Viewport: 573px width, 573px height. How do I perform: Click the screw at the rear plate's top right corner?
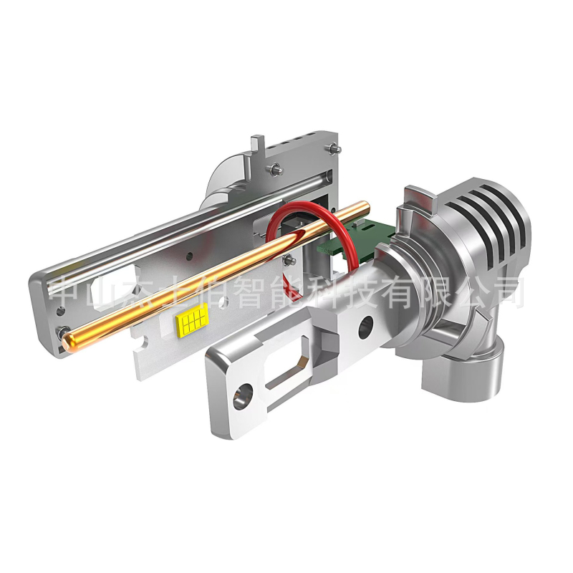pos(334,148)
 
